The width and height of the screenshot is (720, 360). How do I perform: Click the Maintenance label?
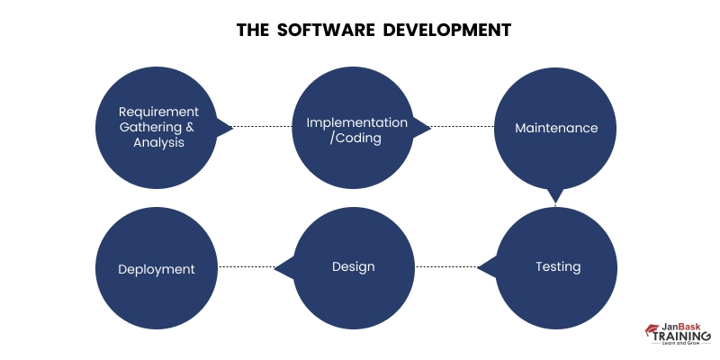pyautogui.click(x=556, y=128)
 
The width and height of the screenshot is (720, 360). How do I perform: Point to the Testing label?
pyautogui.click(x=558, y=266)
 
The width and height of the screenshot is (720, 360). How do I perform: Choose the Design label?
pyautogui.click(x=353, y=266)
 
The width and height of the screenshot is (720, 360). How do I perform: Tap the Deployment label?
pyautogui.click(x=157, y=269)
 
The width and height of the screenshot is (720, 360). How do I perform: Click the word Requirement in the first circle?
pyautogui.click(x=158, y=112)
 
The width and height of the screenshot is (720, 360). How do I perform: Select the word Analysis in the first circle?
pyautogui.click(x=158, y=142)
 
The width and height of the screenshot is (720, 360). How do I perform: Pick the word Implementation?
pyautogui.click(x=356, y=121)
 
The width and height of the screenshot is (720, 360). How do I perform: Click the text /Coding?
pyautogui.click(x=356, y=138)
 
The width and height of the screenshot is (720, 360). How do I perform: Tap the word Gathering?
pyautogui.click(x=151, y=127)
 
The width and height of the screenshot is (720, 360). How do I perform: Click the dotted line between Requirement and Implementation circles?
pyautogui.click(x=263, y=127)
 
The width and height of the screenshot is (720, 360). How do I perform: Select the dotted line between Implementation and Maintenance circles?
pyautogui.click(x=463, y=127)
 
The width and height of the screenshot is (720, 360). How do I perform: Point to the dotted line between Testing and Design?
pyautogui.click(x=446, y=266)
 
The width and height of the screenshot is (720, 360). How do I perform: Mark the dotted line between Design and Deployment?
pyautogui.click(x=247, y=266)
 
